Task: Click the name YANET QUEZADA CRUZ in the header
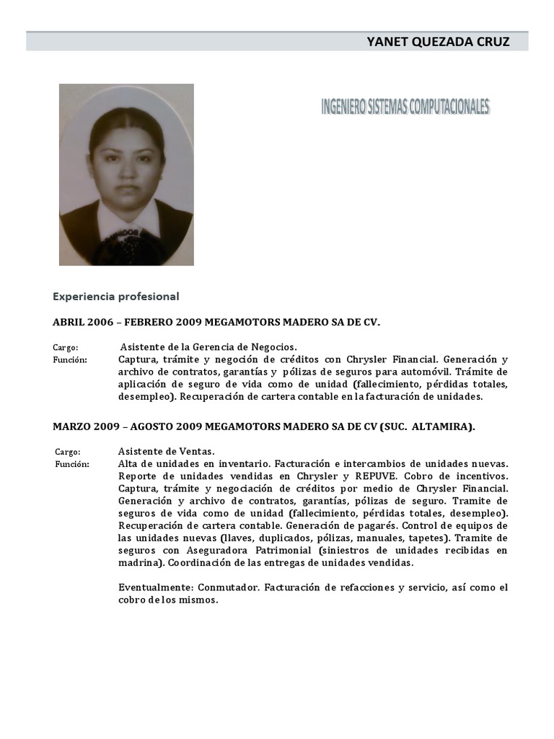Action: (x=438, y=42)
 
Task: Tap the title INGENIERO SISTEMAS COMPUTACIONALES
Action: (x=405, y=108)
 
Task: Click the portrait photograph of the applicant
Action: (x=126, y=175)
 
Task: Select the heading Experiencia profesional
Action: (x=115, y=296)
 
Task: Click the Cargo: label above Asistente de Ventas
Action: (x=68, y=452)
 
